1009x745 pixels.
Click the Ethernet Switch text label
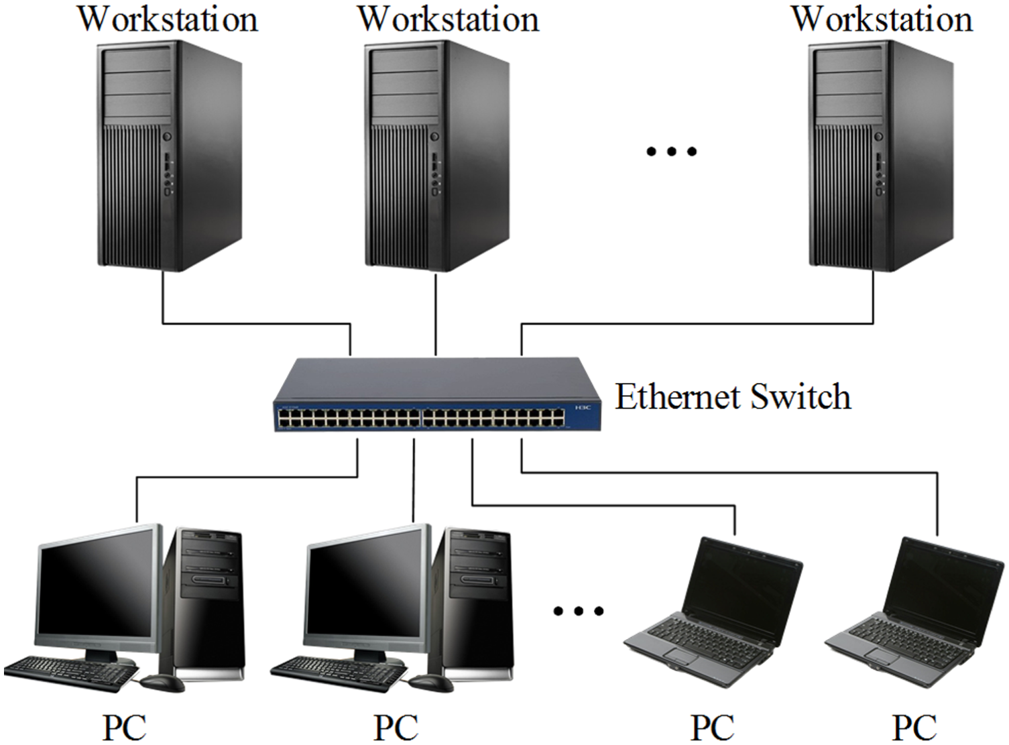click(x=733, y=396)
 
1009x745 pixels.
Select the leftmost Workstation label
click(x=168, y=19)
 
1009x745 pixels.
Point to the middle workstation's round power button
click(x=434, y=137)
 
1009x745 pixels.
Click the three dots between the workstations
click(x=671, y=152)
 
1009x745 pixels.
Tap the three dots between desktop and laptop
click(x=578, y=611)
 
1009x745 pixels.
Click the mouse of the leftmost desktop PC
click(x=162, y=683)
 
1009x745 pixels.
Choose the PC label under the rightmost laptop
click(x=914, y=728)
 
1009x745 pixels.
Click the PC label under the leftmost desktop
click(x=124, y=728)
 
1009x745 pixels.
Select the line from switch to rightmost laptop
click(x=737, y=473)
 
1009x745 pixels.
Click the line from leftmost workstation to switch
click(x=255, y=324)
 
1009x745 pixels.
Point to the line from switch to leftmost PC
click(x=248, y=477)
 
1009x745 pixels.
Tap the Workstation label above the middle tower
click(x=448, y=19)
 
